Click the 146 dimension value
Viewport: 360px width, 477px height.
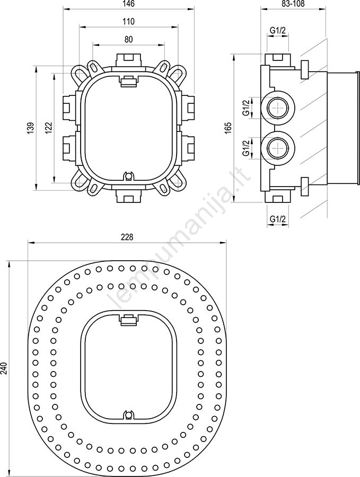[x=129, y=4]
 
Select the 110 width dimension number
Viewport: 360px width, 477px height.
[x=129, y=22]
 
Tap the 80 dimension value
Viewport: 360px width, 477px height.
[x=129, y=40]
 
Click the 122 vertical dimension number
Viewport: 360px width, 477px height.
[x=49, y=127]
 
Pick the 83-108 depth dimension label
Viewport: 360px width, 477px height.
[x=294, y=4]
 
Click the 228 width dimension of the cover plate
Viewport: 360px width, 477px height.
[x=127, y=237]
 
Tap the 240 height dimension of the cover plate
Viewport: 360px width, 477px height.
[x=4, y=368]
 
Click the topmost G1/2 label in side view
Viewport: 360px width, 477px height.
[x=278, y=30]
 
